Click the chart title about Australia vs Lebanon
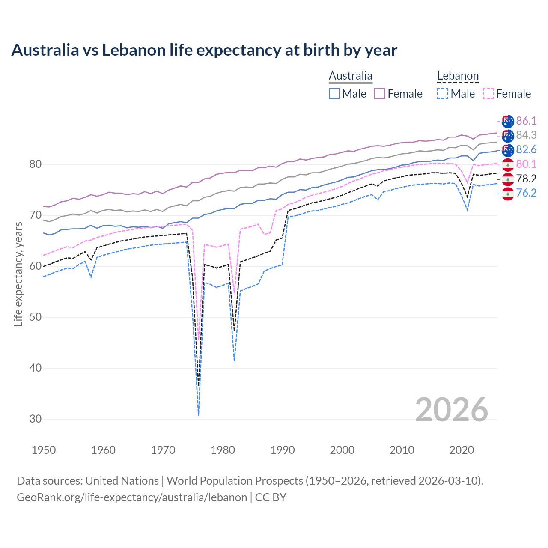click(204, 50)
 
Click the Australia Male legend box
click(334, 94)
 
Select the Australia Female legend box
click(380, 94)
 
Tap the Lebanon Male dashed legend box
click(443, 94)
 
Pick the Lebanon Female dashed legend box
click(488, 94)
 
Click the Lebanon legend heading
click(458, 76)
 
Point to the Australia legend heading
click(351, 76)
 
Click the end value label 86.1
click(526, 121)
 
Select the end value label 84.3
click(526, 135)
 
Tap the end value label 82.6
click(526, 149)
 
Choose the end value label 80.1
click(526, 164)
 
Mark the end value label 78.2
click(526, 179)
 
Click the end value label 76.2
click(526, 193)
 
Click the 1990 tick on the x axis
click(283, 450)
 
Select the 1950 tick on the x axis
click(44, 450)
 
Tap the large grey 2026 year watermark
click(452, 410)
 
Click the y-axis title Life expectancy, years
click(18, 274)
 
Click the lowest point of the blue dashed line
click(198, 415)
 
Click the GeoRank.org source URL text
click(132, 497)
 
